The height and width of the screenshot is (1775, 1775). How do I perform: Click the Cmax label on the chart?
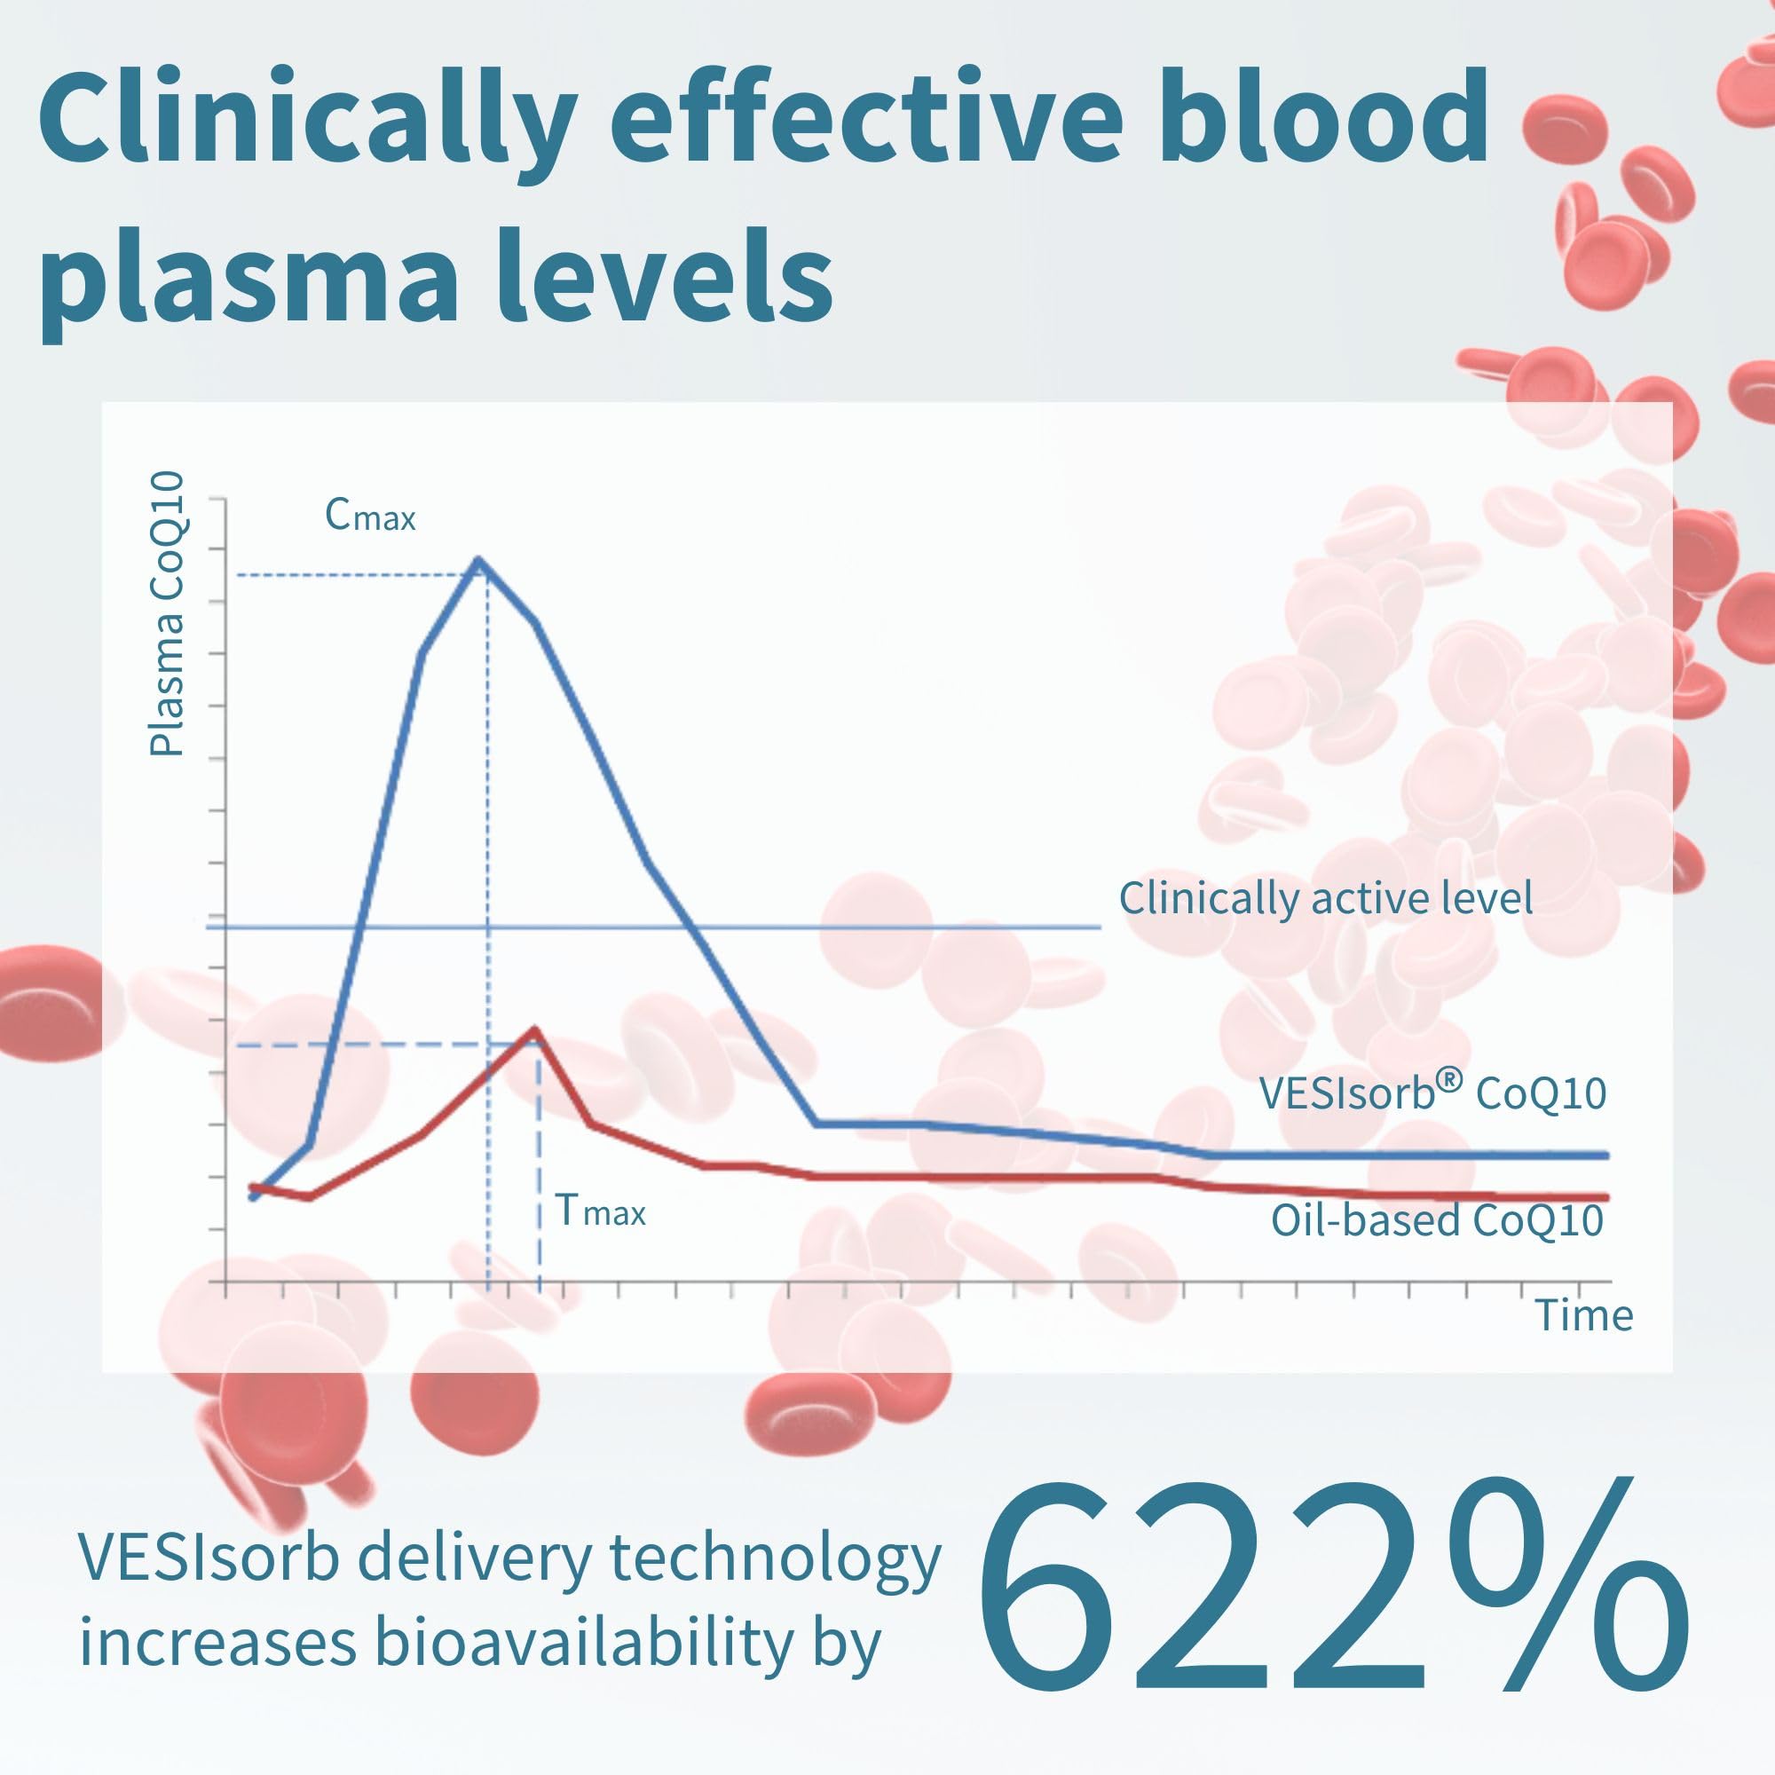pyautogui.click(x=370, y=517)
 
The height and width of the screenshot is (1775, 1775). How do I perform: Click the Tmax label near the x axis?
pyautogui.click(x=600, y=1211)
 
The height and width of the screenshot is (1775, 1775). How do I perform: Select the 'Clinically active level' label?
pyautogui.click(x=1325, y=898)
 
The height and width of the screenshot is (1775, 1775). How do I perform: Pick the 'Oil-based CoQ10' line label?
pyautogui.click(x=1437, y=1221)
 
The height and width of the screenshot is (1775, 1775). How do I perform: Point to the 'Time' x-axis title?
pyautogui.click(x=1584, y=1315)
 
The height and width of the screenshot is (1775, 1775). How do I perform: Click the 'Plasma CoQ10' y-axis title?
pyautogui.click(x=168, y=614)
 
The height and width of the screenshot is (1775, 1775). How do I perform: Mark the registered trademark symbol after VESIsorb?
pyautogui.click(x=1449, y=1079)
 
